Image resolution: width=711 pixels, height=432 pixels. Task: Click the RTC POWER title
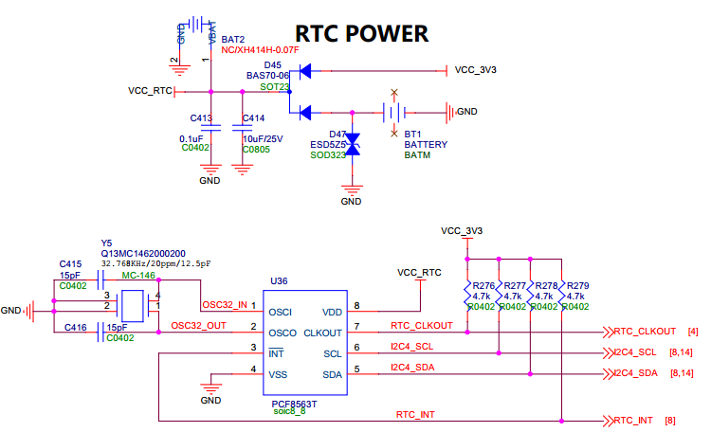[x=362, y=33]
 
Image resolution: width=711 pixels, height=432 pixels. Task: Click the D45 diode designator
[x=274, y=63]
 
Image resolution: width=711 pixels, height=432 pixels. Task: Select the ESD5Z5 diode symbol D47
[x=353, y=143]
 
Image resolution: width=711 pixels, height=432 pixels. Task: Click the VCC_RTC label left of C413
[x=150, y=91]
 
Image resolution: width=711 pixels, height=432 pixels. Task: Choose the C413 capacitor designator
[x=200, y=118]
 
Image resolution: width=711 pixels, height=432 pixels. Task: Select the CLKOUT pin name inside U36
[x=322, y=333]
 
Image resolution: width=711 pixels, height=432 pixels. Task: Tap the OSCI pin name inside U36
[x=283, y=312]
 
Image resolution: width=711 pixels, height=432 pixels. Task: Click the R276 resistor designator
[x=483, y=285]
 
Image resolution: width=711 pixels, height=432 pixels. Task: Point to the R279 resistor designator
[x=577, y=285]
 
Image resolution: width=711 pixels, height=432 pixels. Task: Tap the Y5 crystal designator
[x=106, y=243]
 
